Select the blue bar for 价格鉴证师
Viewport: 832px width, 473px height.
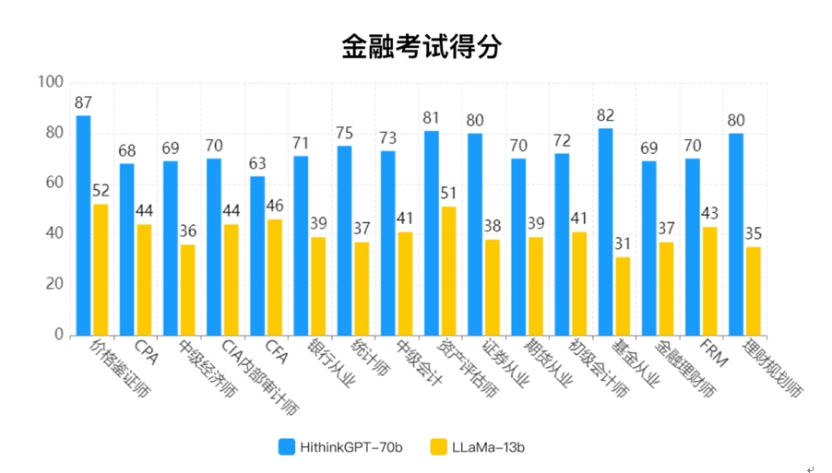[x=83, y=225]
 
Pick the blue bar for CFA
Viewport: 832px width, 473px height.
[x=257, y=255]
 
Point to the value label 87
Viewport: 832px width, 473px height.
[x=83, y=102]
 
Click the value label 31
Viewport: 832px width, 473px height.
[x=623, y=243]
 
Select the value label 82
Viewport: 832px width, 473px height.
[x=605, y=115]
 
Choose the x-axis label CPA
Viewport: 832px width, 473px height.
[x=146, y=353]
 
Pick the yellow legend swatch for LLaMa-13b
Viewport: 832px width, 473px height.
[x=437, y=447]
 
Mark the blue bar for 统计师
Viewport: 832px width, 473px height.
[x=344, y=240]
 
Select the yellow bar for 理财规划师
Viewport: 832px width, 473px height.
[x=754, y=290]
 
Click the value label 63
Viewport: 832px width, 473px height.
[x=257, y=163]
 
